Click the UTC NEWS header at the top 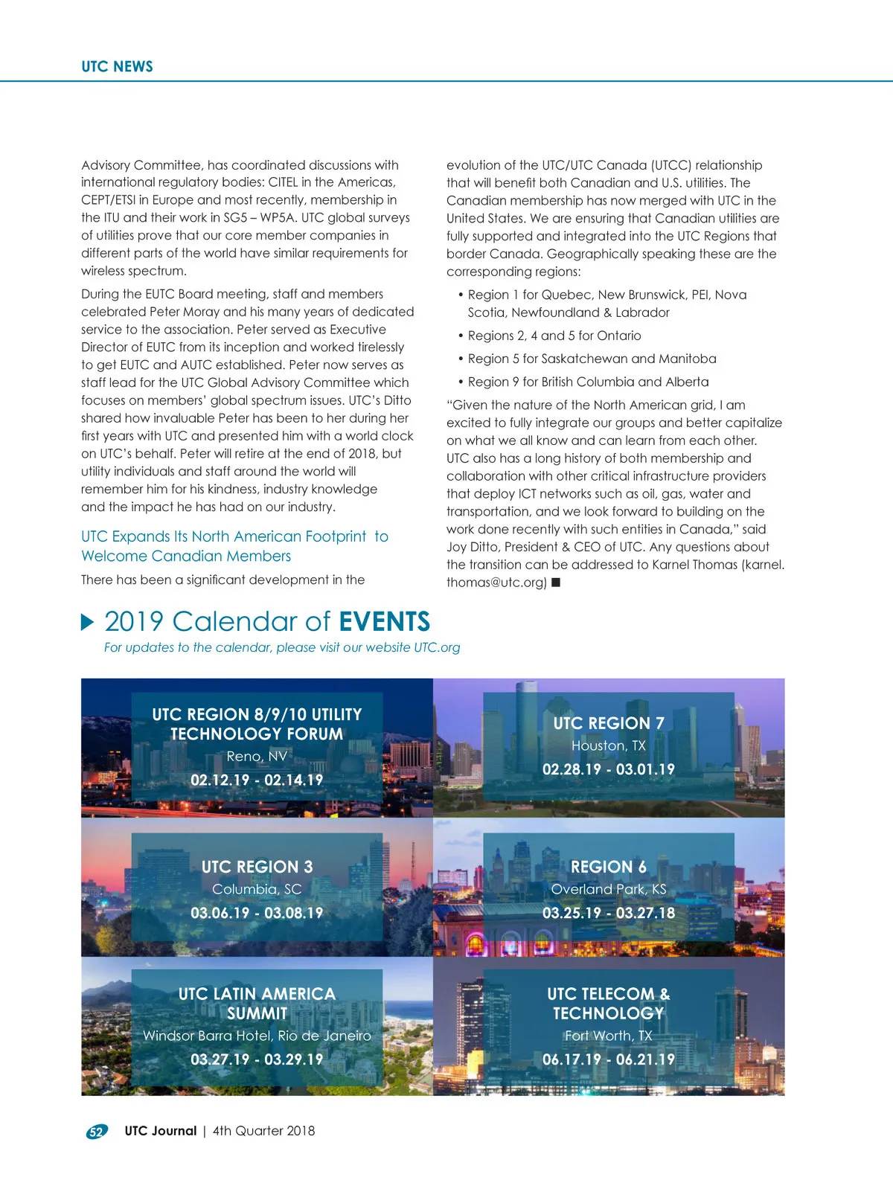click(x=117, y=66)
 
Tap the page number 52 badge click(x=96, y=1132)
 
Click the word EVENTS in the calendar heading click(x=384, y=621)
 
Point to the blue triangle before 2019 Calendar click(x=88, y=622)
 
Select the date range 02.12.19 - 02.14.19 click(x=257, y=780)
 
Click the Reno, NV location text click(x=257, y=756)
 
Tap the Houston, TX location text click(x=608, y=745)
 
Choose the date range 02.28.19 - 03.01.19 click(x=608, y=769)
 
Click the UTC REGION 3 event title click(x=257, y=867)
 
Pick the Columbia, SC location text click(x=257, y=889)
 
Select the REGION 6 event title click(x=608, y=867)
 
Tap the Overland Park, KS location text click(x=608, y=889)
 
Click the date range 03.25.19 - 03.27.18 click(x=608, y=913)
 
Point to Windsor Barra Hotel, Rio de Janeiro click(x=257, y=1036)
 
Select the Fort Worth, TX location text click(x=608, y=1036)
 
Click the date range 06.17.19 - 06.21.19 click(x=608, y=1059)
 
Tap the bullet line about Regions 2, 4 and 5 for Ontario click(x=554, y=336)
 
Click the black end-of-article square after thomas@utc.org click(x=556, y=583)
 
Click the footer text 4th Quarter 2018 click(x=263, y=1131)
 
